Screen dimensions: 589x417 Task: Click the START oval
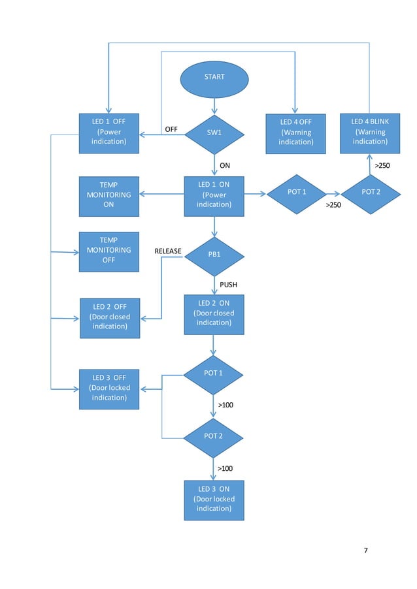pyautogui.click(x=214, y=78)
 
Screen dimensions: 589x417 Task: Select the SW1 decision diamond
pyautogui.click(x=214, y=133)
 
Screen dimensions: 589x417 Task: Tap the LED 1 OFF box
pyautogui.click(x=108, y=133)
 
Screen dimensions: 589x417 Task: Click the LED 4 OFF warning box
pyautogui.click(x=295, y=133)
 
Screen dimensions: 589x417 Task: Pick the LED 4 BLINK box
pyautogui.click(x=370, y=132)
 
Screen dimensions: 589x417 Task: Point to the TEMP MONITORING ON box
pyautogui.click(x=108, y=196)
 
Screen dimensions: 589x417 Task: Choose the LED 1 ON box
pyautogui.click(x=214, y=196)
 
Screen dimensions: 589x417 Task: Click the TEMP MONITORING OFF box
pyautogui.click(x=108, y=251)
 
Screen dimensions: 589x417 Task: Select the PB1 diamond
pyautogui.click(x=214, y=255)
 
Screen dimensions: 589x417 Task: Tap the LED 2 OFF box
pyautogui.click(x=109, y=318)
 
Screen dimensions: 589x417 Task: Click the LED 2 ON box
pyautogui.click(x=214, y=314)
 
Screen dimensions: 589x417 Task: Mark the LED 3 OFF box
pyautogui.click(x=109, y=389)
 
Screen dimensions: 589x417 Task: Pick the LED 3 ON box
pyautogui.click(x=214, y=500)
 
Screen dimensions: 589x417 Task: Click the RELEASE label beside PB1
pyautogui.click(x=168, y=251)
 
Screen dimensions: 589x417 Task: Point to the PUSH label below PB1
pyautogui.click(x=228, y=285)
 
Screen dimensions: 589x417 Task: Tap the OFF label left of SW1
pyautogui.click(x=171, y=129)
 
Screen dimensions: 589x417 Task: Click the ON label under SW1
pyautogui.click(x=225, y=166)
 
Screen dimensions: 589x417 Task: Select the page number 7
pyautogui.click(x=365, y=550)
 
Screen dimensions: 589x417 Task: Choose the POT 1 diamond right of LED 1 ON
pyautogui.click(x=297, y=193)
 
